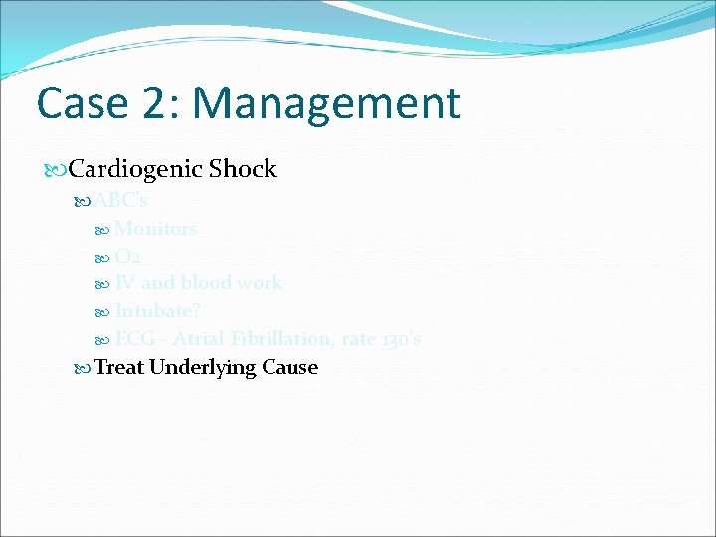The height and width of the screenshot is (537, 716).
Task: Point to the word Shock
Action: click(243, 169)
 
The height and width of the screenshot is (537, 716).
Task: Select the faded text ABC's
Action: click(120, 201)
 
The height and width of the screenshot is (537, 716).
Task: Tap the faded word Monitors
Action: click(155, 229)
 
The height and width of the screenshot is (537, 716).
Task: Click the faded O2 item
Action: click(128, 257)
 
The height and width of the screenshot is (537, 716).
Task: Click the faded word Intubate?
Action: click(157, 311)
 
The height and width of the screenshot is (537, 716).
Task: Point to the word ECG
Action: click(134, 339)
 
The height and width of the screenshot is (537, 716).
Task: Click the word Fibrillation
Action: click(277, 339)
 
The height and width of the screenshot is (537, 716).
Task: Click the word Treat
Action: click(118, 367)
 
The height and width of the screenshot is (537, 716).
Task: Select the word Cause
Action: click(289, 367)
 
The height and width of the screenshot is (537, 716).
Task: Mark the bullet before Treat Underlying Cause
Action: click(83, 368)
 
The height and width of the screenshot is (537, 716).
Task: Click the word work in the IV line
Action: click(260, 283)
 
